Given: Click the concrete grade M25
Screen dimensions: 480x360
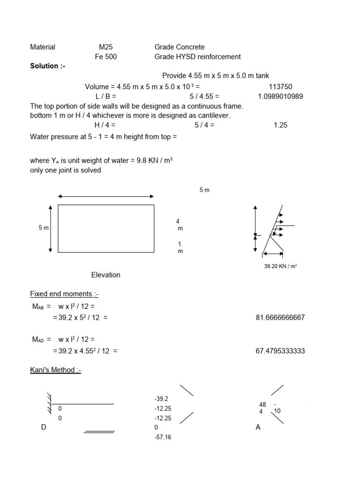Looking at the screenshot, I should [x=105, y=47].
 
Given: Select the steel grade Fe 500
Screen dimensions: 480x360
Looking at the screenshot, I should [x=105, y=57].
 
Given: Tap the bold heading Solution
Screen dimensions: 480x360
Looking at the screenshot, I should [x=48, y=66].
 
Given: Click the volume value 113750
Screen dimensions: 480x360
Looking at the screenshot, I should [x=280, y=87].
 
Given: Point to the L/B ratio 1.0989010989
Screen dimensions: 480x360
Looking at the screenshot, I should [x=280, y=97].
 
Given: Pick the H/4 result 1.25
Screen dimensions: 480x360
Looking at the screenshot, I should [x=280, y=125].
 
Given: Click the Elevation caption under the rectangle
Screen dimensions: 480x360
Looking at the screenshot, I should [x=105, y=275].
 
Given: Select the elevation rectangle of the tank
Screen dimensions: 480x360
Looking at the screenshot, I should [x=106, y=228].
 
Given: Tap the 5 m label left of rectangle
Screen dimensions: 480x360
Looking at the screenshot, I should [x=44, y=228].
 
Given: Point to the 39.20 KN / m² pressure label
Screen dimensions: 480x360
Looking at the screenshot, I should [x=281, y=266].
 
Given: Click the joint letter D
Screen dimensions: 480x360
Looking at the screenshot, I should [x=44, y=427].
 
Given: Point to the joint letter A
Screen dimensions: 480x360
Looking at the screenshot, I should [x=258, y=427].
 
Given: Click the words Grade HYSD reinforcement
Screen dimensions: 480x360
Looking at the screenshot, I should [x=197, y=57].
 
